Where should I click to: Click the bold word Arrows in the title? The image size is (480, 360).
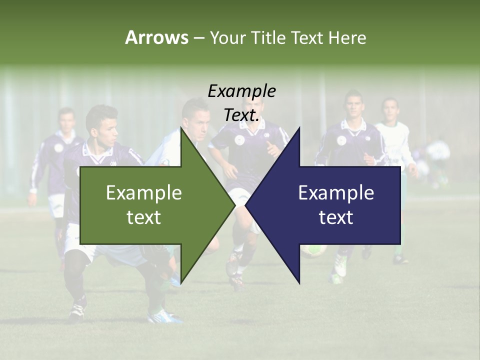pos(156,37)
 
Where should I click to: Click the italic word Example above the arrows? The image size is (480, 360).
pos(241,91)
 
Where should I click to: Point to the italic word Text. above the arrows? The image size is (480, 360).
pos(241,115)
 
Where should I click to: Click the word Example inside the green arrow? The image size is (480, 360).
pos(144,192)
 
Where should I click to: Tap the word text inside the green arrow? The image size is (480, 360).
pos(144,217)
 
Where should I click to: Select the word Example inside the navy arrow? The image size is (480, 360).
pos(336,192)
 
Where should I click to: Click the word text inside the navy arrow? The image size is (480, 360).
pos(336,217)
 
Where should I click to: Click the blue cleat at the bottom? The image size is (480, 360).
pos(165,316)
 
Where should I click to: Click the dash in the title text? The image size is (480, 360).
pos(198,38)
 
